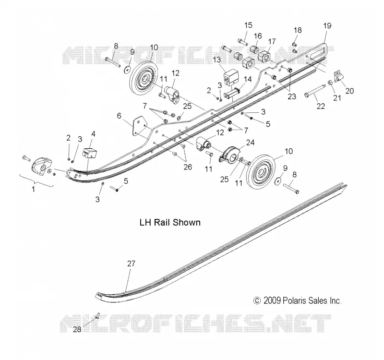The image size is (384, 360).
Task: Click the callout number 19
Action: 327,26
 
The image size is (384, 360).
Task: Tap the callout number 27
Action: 131,264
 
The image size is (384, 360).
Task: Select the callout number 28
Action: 77,330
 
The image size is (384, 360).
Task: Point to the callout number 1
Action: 34,189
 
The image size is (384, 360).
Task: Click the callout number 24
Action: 250,143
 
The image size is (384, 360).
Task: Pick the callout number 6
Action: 119,116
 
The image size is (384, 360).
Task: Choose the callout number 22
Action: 321,106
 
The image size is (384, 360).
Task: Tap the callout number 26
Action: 188,167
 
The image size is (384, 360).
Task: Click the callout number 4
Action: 93,134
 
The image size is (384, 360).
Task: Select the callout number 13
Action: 217,60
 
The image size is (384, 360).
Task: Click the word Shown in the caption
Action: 187,222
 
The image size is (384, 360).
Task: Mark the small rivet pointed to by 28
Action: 98,316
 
